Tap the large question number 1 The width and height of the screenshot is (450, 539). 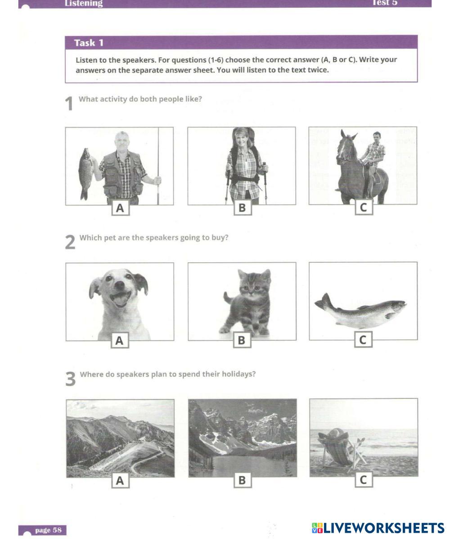tap(69, 104)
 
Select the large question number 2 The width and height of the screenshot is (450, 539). tap(70, 242)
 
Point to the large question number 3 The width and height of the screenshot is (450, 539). tap(70, 379)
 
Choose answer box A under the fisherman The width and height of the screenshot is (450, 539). tap(120, 208)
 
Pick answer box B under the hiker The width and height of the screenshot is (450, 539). tap(243, 208)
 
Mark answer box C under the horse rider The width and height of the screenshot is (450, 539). tap(364, 208)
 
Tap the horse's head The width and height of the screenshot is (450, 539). tap(345, 148)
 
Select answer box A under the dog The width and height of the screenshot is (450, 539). tap(119, 340)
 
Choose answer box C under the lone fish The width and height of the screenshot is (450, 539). tap(363, 340)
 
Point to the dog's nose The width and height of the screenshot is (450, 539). tap(119, 285)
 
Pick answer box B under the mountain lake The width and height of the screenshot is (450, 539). tap(243, 480)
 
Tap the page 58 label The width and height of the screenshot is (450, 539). tap(49, 530)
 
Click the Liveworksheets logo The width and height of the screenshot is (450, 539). tap(378, 528)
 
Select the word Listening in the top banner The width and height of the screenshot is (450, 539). tap(84, 3)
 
